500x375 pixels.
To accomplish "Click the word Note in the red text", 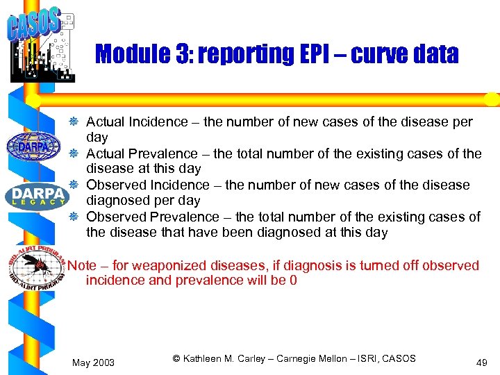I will click(82, 265).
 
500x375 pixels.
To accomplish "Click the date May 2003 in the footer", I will click(94, 363).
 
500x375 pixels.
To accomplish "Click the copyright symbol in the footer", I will click(176, 358).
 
